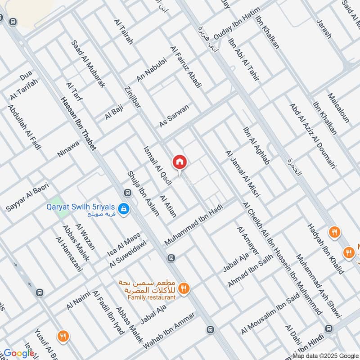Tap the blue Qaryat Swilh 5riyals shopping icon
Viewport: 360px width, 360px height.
[122, 208]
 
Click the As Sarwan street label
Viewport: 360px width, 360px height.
[174, 116]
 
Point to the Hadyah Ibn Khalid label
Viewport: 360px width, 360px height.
[325, 249]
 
